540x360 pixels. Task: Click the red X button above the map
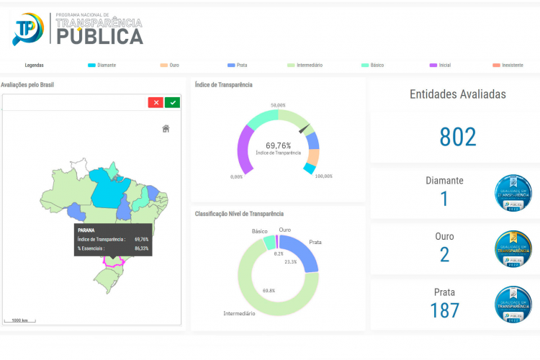coord(156,102)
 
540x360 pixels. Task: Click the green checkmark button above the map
coord(172,102)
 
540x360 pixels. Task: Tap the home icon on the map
coord(166,129)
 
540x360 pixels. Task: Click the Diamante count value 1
coord(444,199)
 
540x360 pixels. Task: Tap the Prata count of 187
coord(444,310)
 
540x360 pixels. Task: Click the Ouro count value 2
coord(444,254)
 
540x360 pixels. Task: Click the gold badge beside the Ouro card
coord(513,248)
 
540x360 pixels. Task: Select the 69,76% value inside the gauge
coord(278,145)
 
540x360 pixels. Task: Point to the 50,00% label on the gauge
coord(278,106)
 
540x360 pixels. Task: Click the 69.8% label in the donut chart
coord(268,290)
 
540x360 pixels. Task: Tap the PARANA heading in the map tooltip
coord(86,230)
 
